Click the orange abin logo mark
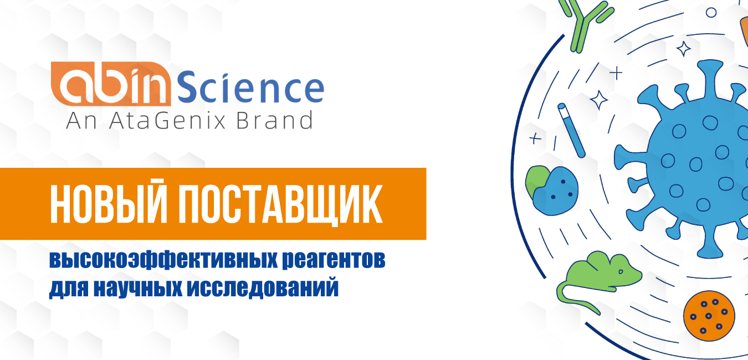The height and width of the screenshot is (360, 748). [111, 84]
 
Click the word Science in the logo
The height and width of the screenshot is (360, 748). [250, 87]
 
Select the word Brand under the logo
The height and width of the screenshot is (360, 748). [274, 120]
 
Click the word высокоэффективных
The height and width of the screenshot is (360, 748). [163, 260]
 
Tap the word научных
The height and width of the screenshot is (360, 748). [137, 287]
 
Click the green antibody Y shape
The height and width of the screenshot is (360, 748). [586, 26]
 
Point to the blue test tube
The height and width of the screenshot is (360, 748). [571, 130]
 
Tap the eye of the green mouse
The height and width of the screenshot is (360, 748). [621, 271]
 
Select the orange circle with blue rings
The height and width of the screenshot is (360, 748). [709, 316]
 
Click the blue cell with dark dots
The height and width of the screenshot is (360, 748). [555, 191]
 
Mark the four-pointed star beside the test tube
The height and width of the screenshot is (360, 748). [599, 100]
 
